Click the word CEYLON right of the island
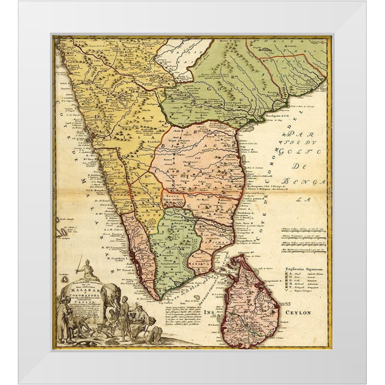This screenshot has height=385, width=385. tap(298, 313)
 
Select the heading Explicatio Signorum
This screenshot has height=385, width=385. tap(304, 269)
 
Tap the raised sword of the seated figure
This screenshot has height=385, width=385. tap(79, 264)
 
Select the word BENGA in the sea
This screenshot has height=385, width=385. tap(304, 181)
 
